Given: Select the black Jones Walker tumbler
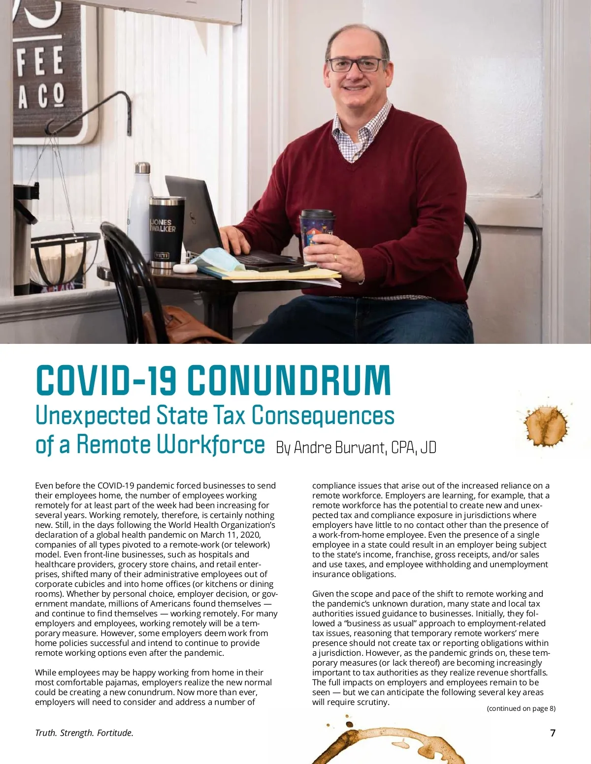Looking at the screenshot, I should [167, 231].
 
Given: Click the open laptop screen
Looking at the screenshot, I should [192, 216].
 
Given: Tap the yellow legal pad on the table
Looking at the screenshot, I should [276, 274].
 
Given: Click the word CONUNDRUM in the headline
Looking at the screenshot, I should [289, 380].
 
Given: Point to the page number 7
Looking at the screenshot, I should [553, 733].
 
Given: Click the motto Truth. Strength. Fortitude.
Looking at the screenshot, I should [84, 733].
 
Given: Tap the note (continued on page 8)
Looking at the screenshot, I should [521, 708].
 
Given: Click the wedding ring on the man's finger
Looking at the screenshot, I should [335, 257].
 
